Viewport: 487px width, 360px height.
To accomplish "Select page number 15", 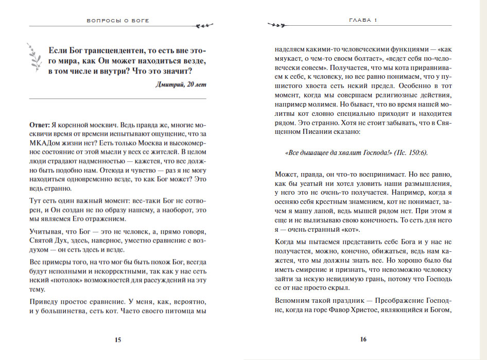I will point(117,339).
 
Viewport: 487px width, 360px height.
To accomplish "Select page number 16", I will point(363,339).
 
